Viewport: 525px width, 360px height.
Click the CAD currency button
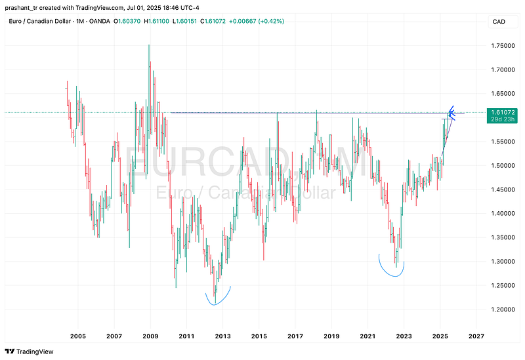pyautogui.click(x=499, y=22)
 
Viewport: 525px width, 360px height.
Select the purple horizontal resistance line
pyautogui.click(x=295, y=113)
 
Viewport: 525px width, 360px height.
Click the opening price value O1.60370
pyautogui.click(x=132, y=21)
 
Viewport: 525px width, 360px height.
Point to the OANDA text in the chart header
pyautogui.click(x=98, y=21)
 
